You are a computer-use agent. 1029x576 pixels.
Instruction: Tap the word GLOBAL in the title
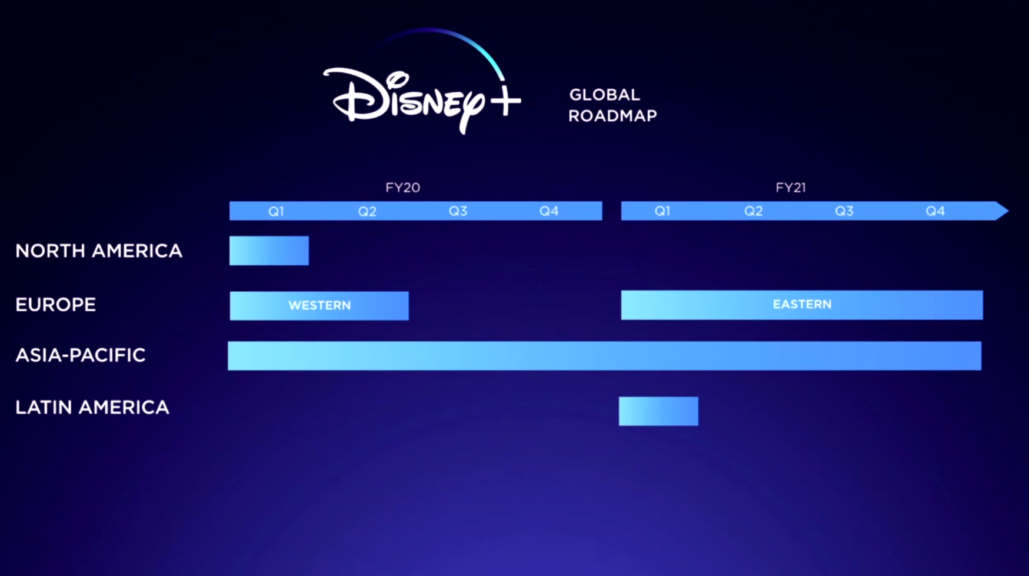coord(604,95)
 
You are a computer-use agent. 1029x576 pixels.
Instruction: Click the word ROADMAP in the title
coord(612,116)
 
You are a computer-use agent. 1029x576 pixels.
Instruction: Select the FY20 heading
coord(402,188)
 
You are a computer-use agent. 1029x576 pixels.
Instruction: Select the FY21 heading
coord(790,188)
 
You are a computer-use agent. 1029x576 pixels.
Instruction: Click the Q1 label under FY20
coord(276,211)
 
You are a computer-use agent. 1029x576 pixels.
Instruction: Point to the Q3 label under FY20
coord(458,211)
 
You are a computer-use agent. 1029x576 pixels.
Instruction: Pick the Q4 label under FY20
coord(548,211)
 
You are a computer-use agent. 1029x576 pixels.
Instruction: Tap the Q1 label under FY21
coord(662,211)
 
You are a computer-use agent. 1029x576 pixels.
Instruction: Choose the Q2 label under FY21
coord(753,211)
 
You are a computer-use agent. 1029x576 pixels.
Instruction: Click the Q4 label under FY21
coord(935,211)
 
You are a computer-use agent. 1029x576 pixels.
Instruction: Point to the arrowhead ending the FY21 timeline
coord(1008,211)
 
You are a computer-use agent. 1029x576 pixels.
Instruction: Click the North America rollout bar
coord(269,251)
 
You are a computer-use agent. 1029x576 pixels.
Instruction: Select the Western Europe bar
coord(319,306)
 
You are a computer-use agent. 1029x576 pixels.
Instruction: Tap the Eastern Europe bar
coord(802,305)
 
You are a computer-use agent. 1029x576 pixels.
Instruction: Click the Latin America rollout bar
coord(658,411)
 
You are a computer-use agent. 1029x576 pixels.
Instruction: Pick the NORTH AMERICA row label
coord(99,251)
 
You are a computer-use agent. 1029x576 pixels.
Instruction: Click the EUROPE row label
coord(55,305)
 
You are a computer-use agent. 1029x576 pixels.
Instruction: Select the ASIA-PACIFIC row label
coord(80,355)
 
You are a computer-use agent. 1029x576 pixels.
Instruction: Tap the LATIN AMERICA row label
coord(92,407)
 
